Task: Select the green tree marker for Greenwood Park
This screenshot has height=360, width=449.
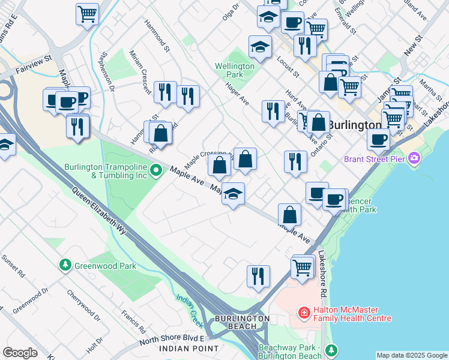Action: pos(65,265)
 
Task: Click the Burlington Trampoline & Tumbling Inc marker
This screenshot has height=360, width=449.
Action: pos(155,171)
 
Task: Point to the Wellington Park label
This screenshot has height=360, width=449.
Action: pos(229,70)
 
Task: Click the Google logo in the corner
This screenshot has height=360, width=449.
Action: pos(19,353)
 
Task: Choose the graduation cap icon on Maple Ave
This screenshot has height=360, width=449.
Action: pos(234,194)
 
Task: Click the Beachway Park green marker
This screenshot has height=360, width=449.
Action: pos(330,350)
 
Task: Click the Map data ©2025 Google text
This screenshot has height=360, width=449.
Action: pos(412,355)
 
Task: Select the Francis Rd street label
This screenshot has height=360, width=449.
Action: pos(133,322)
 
